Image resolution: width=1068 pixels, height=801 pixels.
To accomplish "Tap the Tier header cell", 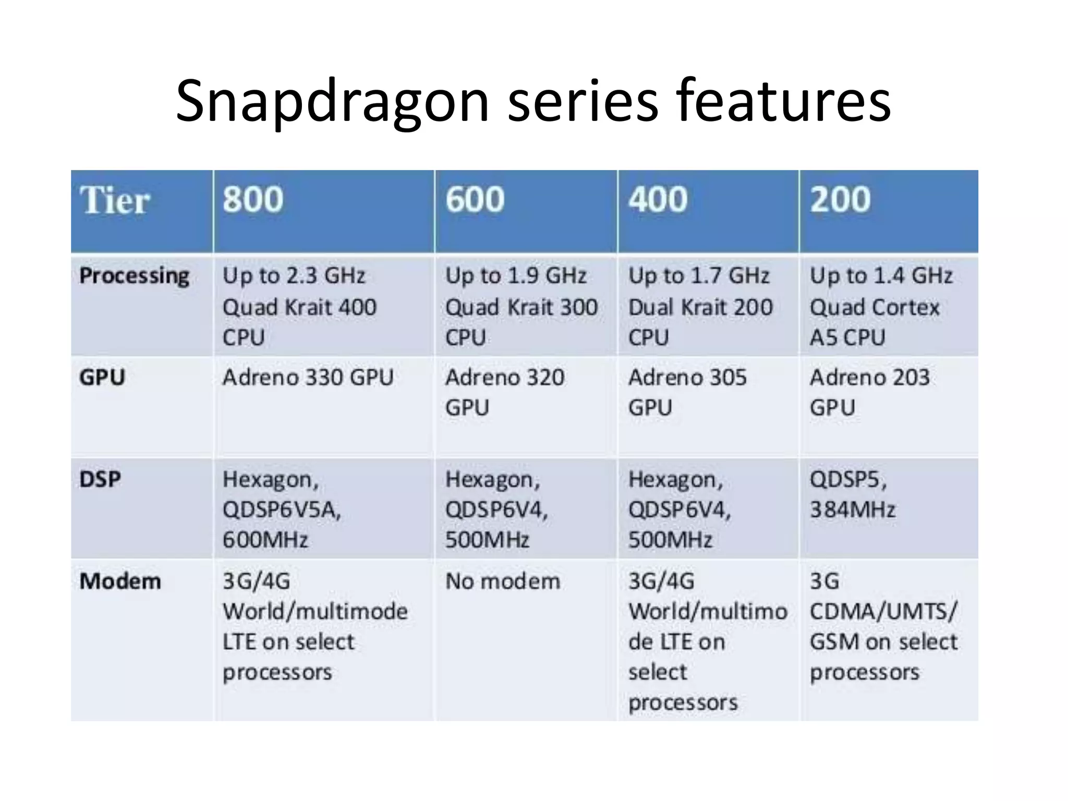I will (115, 201).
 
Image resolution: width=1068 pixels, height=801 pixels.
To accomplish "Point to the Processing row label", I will (134, 276).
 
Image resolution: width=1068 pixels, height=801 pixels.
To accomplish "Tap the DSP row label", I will (100, 479).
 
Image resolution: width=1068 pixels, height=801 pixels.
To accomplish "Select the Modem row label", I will (120, 581).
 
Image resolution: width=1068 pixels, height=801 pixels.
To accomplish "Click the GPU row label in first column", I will (102, 377).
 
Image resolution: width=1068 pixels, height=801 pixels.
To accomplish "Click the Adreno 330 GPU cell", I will (308, 377).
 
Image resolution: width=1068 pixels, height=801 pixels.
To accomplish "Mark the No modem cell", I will (503, 581).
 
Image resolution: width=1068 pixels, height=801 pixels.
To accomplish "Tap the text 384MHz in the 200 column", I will (852, 509).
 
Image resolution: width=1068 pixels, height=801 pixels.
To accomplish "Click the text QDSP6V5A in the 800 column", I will (282, 509).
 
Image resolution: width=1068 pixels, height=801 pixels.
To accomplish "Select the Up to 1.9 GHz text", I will (516, 276).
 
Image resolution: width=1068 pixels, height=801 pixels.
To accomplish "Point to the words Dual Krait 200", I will (700, 307).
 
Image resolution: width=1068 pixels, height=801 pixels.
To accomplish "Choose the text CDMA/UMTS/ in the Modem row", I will (883, 611).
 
